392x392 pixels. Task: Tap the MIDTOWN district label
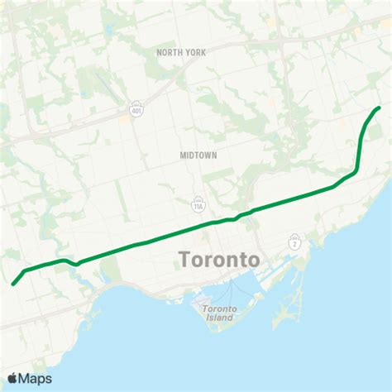(x=197, y=155)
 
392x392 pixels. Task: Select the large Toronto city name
(x=219, y=260)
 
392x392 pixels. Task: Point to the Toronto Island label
(x=219, y=313)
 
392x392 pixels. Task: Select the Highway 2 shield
(x=294, y=242)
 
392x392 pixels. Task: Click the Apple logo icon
(x=12, y=379)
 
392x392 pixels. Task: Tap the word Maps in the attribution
(x=36, y=379)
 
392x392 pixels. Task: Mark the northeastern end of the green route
(x=379, y=108)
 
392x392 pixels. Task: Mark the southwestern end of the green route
(x=13, y=284)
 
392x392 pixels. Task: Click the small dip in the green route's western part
(x=76, y=265)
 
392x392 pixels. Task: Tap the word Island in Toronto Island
(x=219, y=318)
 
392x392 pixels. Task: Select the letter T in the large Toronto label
(x=185, y=260)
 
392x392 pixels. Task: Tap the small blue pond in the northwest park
(x=99, y=84)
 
